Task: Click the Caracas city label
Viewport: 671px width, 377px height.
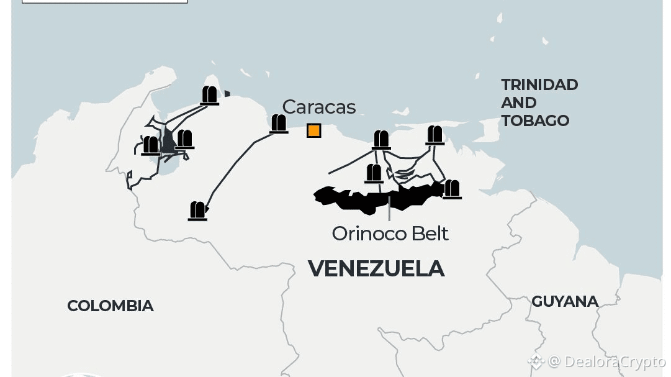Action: pos(319,107)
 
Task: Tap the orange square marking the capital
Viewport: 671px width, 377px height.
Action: pos(314,130)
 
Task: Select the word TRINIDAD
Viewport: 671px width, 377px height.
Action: pos(539,84)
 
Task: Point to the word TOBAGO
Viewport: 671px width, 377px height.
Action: pos(535,120)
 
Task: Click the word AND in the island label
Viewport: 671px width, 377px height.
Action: pos(519,102)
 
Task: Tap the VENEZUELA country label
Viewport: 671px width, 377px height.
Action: pos(376,268)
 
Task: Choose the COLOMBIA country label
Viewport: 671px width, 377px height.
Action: pos(110,306)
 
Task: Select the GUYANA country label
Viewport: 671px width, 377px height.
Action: pos(565,301)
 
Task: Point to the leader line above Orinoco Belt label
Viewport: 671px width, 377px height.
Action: pos(389,211)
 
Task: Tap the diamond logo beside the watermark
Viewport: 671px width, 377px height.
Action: pos(535,361)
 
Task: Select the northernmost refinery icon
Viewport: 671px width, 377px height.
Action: pos(210,95)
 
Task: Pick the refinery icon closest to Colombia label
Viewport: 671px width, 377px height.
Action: pos(198,211)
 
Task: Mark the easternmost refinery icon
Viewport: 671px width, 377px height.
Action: pos(452,189)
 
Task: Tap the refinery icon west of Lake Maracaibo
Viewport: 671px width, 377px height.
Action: pos(151,145)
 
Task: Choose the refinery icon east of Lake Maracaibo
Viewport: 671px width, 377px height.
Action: pos(185,139)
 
